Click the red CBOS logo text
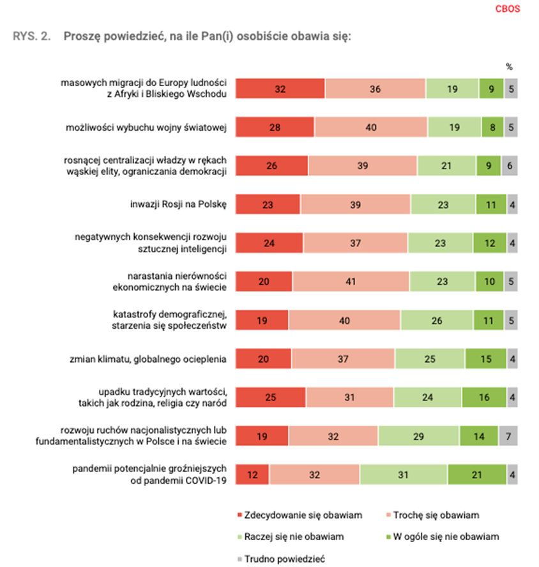(x=508, y=9)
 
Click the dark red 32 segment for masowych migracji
(x=280, y=89)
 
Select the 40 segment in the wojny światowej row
(x=371, y=128)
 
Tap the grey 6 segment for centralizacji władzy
(x=510, y=166)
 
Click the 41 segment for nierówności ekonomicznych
(x=351, y=282)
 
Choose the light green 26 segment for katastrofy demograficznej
(x=437, y=321)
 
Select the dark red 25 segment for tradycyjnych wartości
(x=271, y=398)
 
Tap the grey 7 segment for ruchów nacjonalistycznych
(x=508, y=436)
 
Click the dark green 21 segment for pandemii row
(x=476, y=475)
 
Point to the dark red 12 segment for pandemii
(x=253, y=475)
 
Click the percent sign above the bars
(x=509, y=66)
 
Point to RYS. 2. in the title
(x=31, y=36)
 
